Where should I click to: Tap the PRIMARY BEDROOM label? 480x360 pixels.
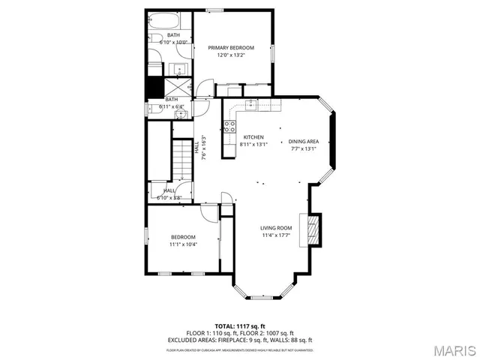231,48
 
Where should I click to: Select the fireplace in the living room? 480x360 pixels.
310,229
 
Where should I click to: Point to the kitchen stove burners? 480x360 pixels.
232,125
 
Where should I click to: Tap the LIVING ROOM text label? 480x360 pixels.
276,228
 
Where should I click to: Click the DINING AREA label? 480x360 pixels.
304,141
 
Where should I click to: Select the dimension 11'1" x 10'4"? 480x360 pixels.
182,244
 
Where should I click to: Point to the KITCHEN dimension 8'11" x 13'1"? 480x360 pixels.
252,145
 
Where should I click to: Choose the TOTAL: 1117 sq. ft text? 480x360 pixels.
240,326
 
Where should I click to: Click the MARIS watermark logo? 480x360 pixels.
454,350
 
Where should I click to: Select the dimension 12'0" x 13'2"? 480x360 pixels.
231,55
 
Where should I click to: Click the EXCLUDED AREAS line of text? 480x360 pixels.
240,339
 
